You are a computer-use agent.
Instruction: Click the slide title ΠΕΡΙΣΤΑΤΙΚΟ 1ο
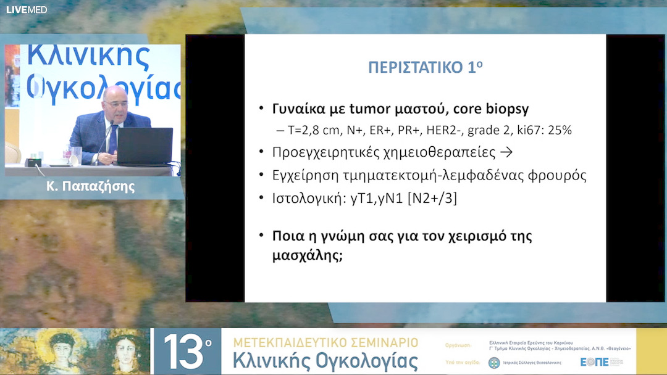(425, 68)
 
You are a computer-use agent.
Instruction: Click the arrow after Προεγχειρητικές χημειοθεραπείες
(506, 152)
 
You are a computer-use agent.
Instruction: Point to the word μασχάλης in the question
(307, 255)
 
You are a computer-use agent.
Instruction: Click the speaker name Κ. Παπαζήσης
(90, 187)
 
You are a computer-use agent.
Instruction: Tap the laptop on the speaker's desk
(145, 147)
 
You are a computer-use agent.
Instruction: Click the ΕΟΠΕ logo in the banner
(595, 362)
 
